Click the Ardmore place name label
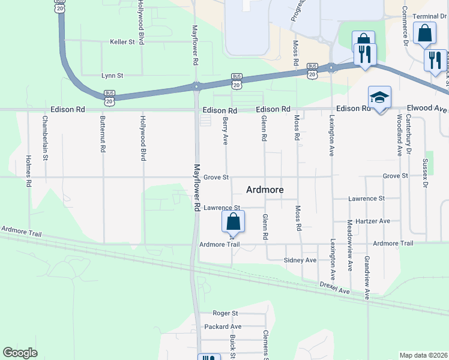point(265,190)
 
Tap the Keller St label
point(124,42)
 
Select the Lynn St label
point(112,76)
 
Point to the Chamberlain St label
point(45,138)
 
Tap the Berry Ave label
point(226,131)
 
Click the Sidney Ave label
point(300,260)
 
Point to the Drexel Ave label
point(334,288)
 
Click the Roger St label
point(226,313)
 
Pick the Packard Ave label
point(222,326)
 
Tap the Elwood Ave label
point(427,109)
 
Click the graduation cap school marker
point(379,97)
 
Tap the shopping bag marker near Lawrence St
point(234,221)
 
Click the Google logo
point(20,353)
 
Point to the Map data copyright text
point(424,355)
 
